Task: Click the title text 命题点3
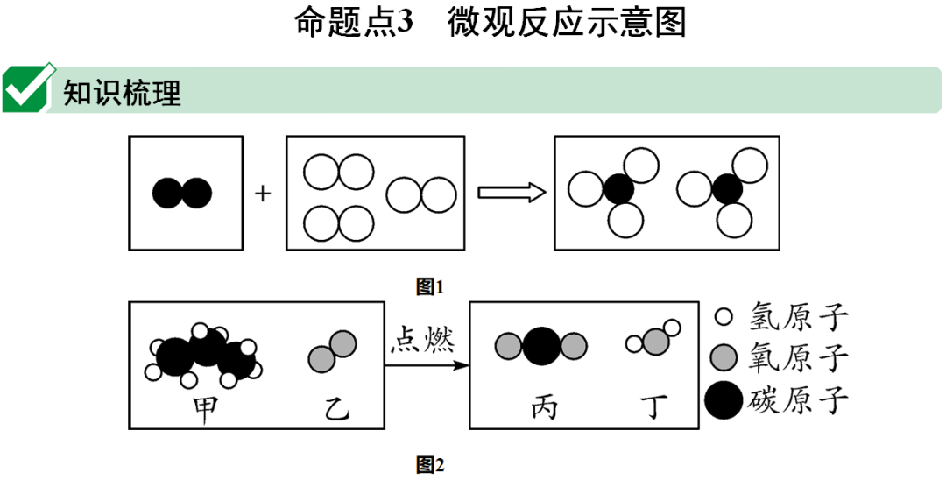click(x=353, y=22)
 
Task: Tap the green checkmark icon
click(x=27, y=89)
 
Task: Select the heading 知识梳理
click(x=122, y=92)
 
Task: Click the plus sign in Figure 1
click(x=264, y=193)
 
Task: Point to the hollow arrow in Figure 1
click(x=512, y=193)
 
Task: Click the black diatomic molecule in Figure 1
click(x=182, y=193)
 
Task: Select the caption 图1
click(x=431, y=286)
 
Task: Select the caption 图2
click(x=431, y=465)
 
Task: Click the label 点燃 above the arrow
click(x=427, y=338)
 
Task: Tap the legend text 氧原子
click(x=799, y=357)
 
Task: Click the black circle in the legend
click(x=724, y=401)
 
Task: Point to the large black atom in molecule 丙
click(x=541, y=346)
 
